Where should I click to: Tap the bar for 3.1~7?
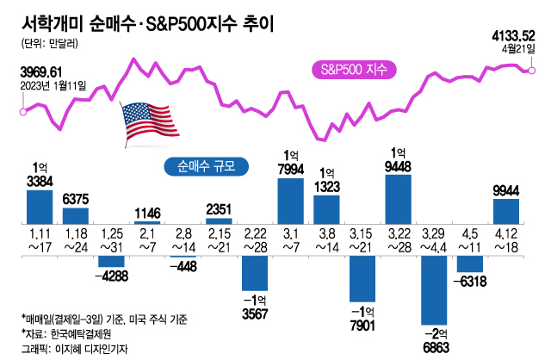[x=290, y=201]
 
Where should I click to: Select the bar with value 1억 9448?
[x=398, y=199]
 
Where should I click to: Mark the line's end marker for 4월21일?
[x=532, y=69]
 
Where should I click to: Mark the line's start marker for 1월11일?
[x=23, y=110]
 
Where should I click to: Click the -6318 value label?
[x=473, y=280]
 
